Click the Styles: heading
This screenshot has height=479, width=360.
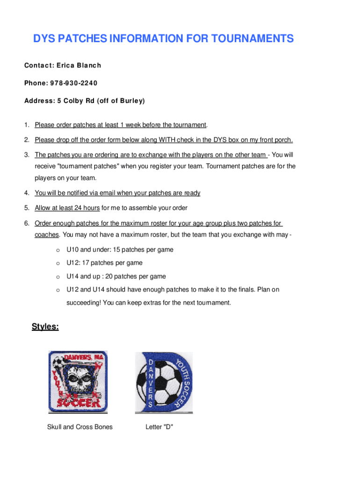(45, 327)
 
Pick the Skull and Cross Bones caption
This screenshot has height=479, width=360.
(80, 427)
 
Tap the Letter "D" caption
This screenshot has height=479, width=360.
(159, 427)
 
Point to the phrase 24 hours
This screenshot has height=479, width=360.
(84, 208)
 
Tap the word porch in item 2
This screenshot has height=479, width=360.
(282, 140)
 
